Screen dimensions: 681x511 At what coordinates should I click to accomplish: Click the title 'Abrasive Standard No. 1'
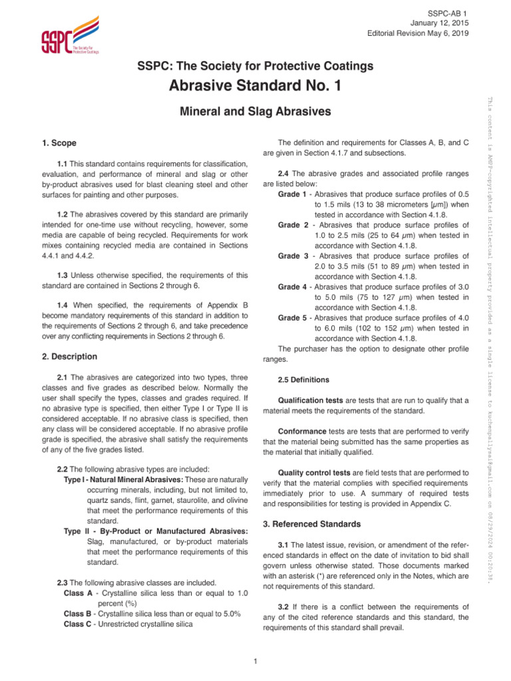[255, 86]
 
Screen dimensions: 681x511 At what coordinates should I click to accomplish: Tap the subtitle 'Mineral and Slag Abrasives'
[255, 112]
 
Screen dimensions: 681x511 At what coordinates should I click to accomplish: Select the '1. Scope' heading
[59, 143]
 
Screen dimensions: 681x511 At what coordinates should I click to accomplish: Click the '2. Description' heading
[69, 356]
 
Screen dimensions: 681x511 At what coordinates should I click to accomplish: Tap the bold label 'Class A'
[78, 593]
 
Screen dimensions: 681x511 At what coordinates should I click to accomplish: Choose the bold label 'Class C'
[78, 624]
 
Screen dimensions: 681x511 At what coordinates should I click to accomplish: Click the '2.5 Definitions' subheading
[303, 380]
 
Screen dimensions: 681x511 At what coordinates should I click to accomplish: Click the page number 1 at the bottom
[255, 660]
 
